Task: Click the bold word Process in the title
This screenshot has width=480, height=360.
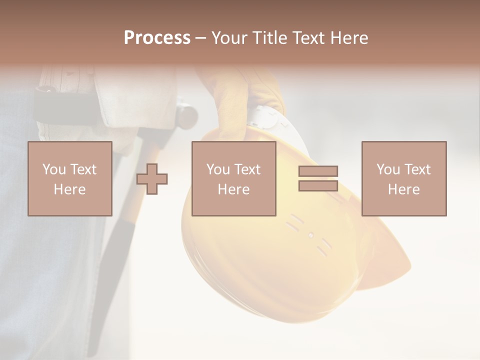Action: [x=157, y=38]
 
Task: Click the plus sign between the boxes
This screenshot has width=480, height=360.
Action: [x=152, y=179]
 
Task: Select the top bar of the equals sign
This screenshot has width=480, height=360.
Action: [x=318, y=171]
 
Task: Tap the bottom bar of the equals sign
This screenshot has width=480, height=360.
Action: [x=318, y=185]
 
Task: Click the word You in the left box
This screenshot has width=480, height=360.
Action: [x=53, y=169]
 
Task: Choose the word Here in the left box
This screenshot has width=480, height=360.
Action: [x=69, y=189]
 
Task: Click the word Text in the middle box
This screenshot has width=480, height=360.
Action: [x=247, y=169]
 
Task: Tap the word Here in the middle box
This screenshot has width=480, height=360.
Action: [x=233, y=189]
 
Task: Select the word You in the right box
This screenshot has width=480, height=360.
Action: [x=388, y=169]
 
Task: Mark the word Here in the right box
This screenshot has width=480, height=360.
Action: [x=403, y=189]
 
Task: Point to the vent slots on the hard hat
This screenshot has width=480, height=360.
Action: [x=310, y=235]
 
